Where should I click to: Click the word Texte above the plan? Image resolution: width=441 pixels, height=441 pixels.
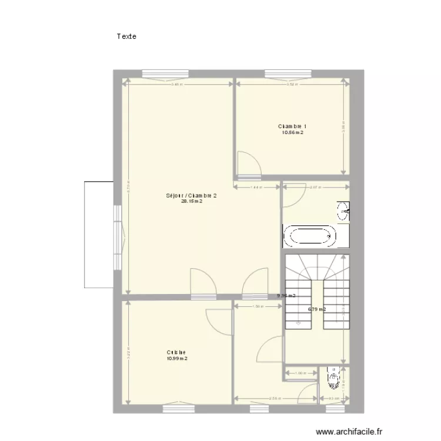126,36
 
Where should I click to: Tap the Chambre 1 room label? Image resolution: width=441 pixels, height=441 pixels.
292,126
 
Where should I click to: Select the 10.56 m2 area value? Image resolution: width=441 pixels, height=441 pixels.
292,133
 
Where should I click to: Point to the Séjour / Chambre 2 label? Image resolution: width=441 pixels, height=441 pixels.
192,195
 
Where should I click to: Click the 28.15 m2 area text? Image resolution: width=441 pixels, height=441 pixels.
192,201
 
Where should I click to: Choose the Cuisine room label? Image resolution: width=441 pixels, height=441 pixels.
176,353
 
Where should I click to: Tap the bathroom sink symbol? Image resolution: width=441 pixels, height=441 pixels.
343,211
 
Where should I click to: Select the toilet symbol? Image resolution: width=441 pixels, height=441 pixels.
335,378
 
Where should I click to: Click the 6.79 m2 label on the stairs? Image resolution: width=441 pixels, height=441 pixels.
317,309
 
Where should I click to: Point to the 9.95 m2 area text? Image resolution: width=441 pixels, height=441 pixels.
286,296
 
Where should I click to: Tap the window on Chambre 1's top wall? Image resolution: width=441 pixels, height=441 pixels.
288,74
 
